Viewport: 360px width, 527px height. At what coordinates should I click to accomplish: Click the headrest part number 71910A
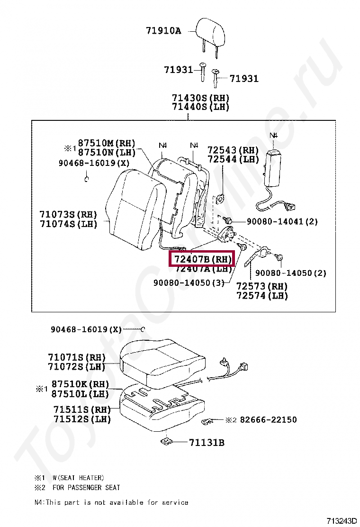click(163, 31)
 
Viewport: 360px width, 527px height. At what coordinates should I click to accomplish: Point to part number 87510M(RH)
click(107, 143)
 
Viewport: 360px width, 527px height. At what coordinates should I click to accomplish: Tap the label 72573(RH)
click(262, 286)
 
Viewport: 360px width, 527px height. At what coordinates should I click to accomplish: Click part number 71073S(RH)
click(68, 214)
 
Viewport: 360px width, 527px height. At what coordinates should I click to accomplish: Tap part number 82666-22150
click(268, 419)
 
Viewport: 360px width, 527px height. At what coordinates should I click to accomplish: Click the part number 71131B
click(207, 443)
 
